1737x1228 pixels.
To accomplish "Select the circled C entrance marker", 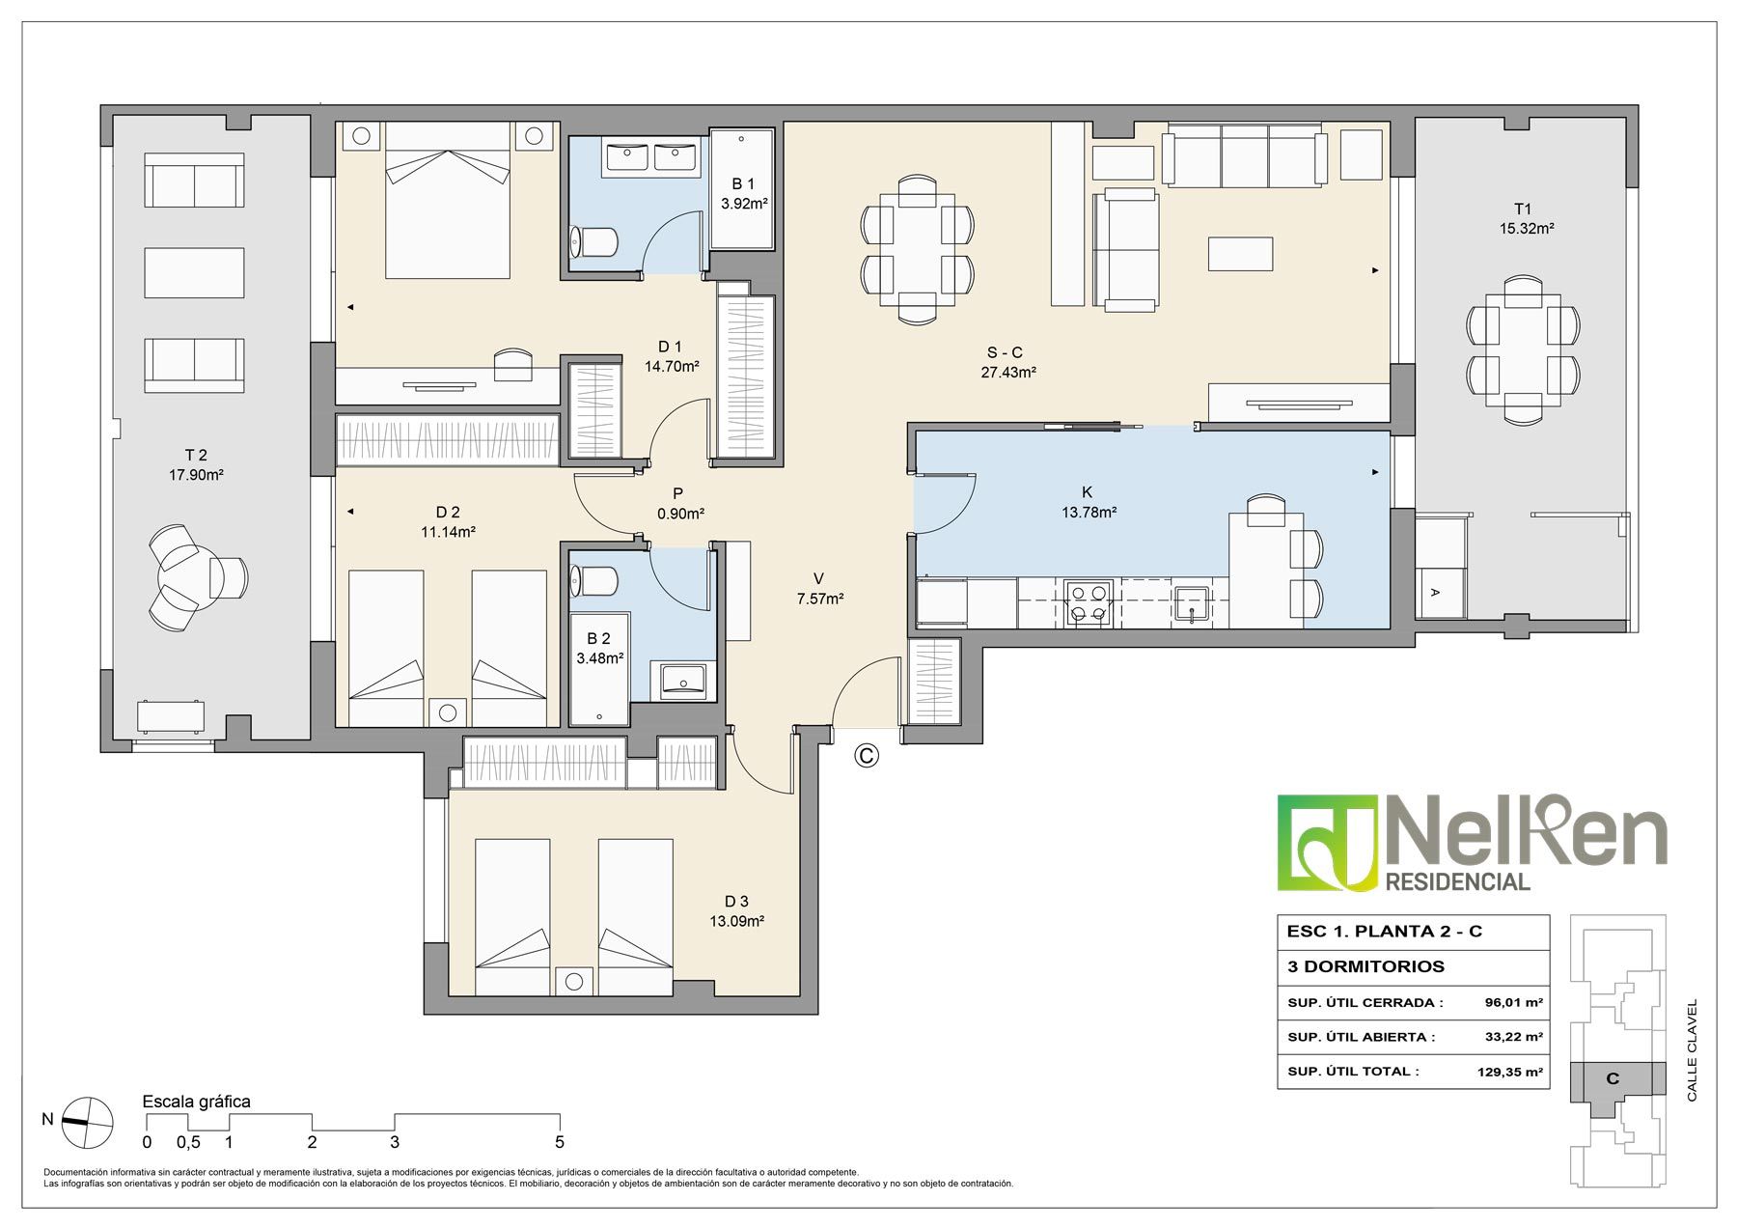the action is tap(867, 756).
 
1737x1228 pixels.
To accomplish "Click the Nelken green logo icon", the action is tap(1328, 842).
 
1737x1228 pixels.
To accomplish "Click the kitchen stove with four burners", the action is tap(1089, 603).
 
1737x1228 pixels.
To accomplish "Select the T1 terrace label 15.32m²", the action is tap(1527, 229).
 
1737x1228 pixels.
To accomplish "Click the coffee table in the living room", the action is tap(1240, 253).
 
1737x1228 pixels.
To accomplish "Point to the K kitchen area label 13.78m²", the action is tap(1089, 513).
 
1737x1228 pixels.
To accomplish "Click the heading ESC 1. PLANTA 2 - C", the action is tap(1385, 932).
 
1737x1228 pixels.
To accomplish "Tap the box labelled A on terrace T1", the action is tap(1434, 593).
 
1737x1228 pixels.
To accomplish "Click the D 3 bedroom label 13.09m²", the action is tap(737, 921).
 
